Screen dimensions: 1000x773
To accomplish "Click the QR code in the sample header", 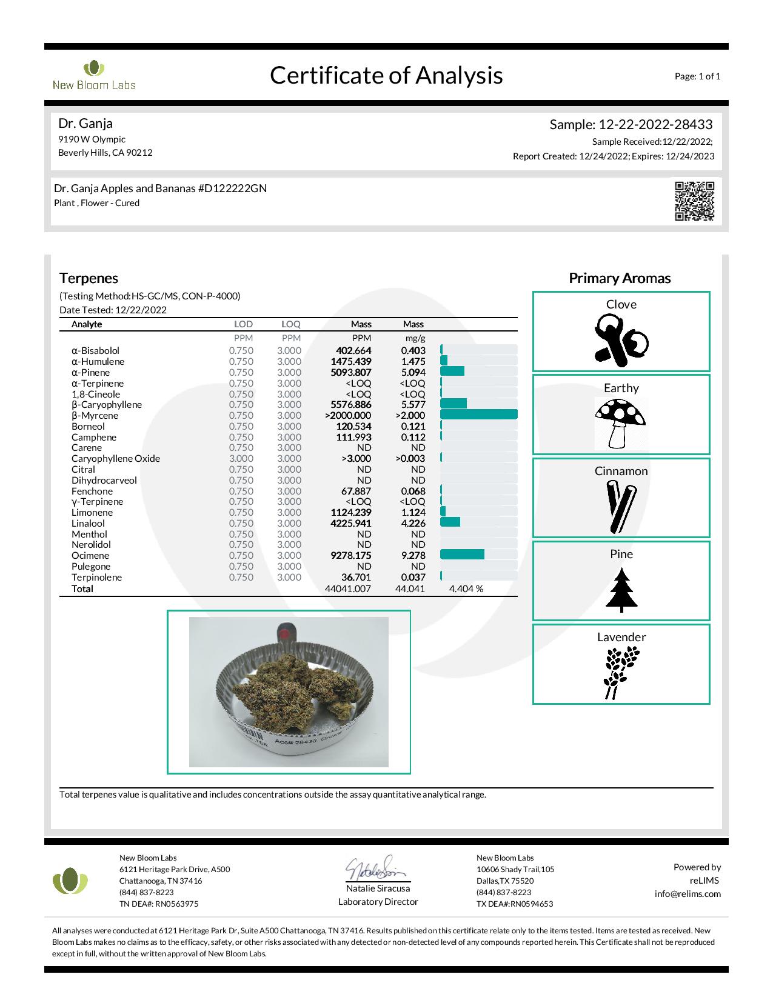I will [x=694, y=201].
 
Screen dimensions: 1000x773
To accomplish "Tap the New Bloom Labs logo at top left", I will [x=94, y=76].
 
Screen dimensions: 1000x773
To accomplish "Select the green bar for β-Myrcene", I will [x=478, y=415].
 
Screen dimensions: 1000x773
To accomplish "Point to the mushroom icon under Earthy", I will [x=620, y=423].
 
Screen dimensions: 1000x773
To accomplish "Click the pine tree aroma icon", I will [x=621, y=588].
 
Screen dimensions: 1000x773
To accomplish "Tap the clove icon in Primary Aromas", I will [x=621, y=341].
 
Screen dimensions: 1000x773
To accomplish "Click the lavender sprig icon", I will [x=621, y=673].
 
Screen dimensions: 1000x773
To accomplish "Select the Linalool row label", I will [x=88, y=523].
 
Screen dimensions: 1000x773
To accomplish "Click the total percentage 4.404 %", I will [x=466, y=588].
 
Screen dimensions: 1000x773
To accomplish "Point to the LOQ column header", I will [x=290, y=324].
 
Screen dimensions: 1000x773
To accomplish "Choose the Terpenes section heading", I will [x=89, y=278].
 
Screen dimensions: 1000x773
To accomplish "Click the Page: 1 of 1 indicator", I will [x=697, y=76].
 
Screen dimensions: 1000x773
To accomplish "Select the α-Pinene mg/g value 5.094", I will [x=413, y=372].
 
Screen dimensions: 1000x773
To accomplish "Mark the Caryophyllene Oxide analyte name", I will [x=115, y=458].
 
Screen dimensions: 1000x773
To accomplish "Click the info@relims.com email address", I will [x=688, y=894].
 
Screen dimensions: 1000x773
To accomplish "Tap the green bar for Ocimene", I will [x=462, y=555].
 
